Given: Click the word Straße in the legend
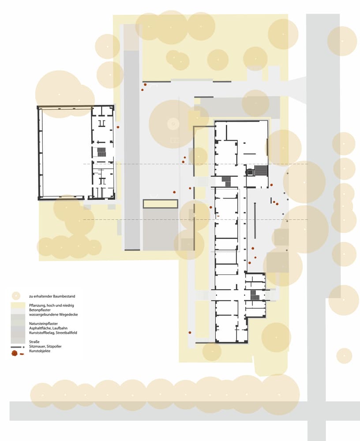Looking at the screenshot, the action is [x=34, y=342].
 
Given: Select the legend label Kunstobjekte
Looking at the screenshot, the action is [x=40, y=351].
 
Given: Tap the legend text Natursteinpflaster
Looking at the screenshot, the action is [x=43, y=324].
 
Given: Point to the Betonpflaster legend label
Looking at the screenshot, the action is [x=40, y=310].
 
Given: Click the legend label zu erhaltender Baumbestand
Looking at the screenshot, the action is [x=52, y=296].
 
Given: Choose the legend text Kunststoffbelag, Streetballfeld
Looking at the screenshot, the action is [x=53, y=333].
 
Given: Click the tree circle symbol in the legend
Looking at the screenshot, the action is [x=16, y=296].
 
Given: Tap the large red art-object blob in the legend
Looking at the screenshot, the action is [x=15, y=354].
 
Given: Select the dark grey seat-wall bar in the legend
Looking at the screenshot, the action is [x=16, y=347].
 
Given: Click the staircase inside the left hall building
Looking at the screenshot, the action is [x=101, y=152].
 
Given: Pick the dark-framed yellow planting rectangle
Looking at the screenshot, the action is [x=161, y=204].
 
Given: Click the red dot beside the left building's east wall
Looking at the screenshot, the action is [x=118, y=127].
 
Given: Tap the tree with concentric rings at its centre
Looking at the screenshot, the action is [x=173, y=123].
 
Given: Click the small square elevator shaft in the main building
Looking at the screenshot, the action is [x=250, y=172].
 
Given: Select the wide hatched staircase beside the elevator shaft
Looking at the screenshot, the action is [x=261, y=171].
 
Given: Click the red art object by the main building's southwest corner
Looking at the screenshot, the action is [x=190, y=333].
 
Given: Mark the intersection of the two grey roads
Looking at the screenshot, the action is [x=317, y=411].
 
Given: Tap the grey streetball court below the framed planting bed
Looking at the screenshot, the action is [x=161, y=229].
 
